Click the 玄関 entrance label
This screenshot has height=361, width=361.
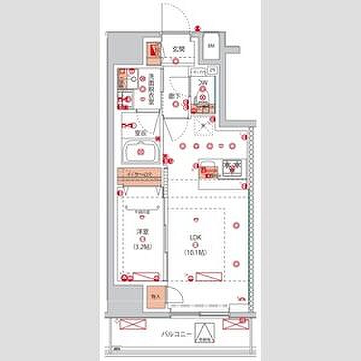tap(179, 50)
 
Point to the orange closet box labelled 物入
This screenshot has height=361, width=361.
tap(154, 297)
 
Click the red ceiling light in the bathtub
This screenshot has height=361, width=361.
tap(140, 152)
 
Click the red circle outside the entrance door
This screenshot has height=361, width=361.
tap(199, 26)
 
